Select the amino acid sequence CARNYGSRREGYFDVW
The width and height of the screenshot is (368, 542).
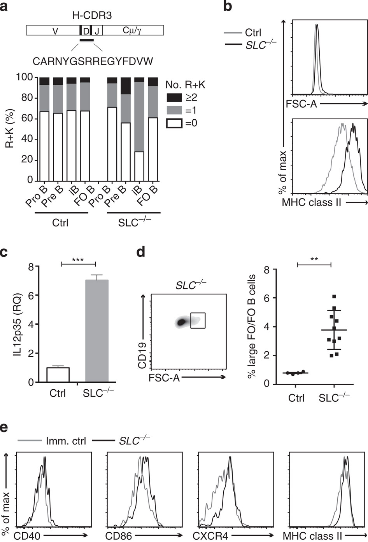coord(93,61)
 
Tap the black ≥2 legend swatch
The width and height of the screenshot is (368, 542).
coord(174,98)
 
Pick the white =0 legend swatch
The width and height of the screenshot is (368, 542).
coord(174,123)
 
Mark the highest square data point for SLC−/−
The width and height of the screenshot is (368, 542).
coord(334,297)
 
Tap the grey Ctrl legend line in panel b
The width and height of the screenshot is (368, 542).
coord(233,33)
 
